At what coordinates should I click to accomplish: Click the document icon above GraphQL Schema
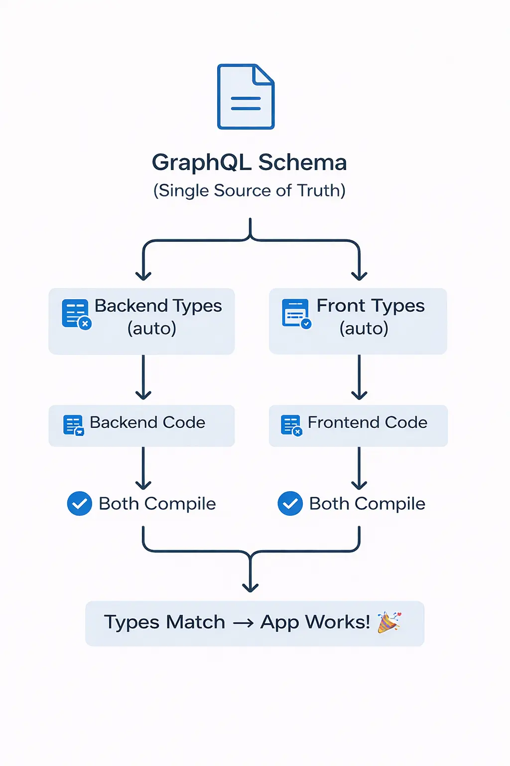(246, 97)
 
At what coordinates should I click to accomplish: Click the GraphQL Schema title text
(249, 163)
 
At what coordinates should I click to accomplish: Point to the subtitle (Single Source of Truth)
(249, 191)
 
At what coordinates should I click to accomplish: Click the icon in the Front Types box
(296, 314)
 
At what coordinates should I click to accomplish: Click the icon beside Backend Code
(74, 425)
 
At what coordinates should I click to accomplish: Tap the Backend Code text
(147, 422)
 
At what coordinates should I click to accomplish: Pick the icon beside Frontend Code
(291, 425)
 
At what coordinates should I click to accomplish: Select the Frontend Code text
(367, 422)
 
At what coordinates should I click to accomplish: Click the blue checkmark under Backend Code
(80, 504)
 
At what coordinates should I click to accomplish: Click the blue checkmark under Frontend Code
(290, 504)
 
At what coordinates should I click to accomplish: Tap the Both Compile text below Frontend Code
(367, 504)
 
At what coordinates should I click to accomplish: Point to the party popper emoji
(388, 622)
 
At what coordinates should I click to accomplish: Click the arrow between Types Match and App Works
(243, 623)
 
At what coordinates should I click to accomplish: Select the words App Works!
(315, 622)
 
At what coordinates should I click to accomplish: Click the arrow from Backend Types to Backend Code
(143, 378)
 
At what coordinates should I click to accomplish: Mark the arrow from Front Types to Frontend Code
(359, 378)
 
